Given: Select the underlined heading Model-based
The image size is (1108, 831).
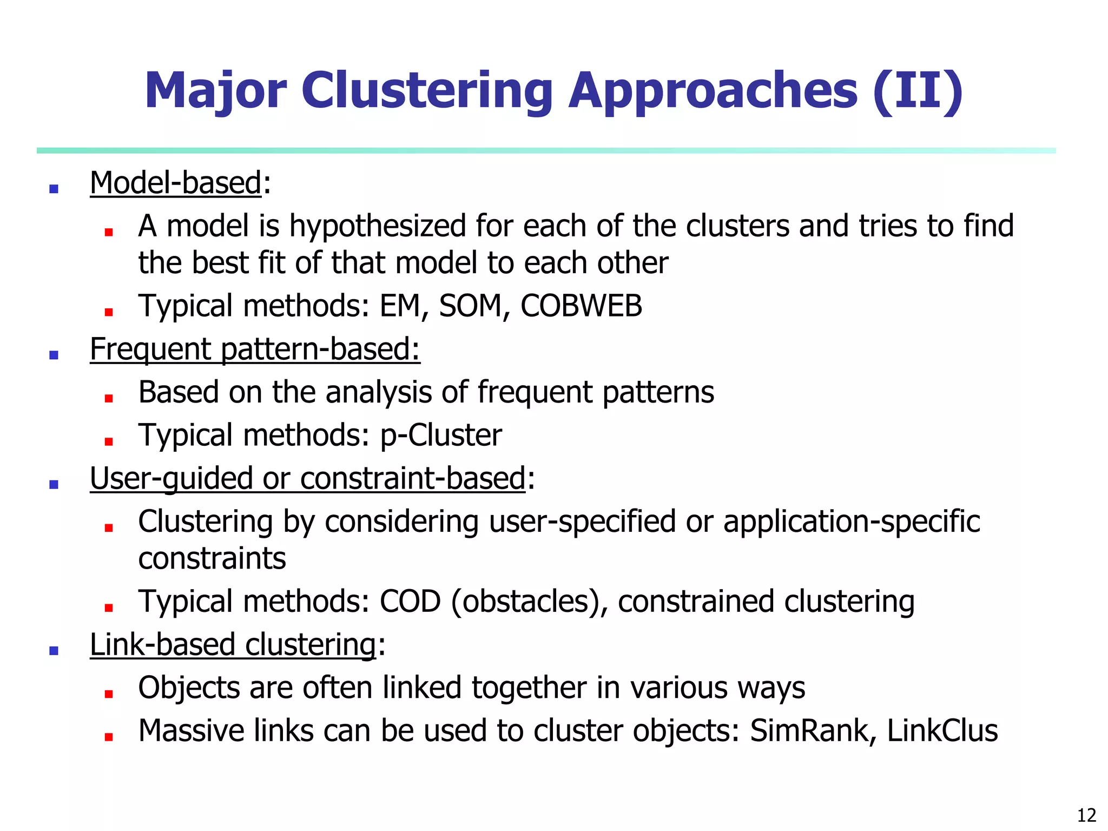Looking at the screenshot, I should tap(176, 183).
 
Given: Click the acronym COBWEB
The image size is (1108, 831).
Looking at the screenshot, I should tap(581, 306).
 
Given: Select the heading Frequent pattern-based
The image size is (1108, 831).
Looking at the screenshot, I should tap(255, 349).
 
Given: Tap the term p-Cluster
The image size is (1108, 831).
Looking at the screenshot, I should tap(441, 435).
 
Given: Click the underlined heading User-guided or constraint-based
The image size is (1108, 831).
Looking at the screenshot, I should tap(307, 478).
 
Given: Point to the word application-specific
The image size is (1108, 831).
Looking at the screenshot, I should tap(852, 522).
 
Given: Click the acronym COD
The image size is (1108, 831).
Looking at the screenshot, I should tap(410, 602).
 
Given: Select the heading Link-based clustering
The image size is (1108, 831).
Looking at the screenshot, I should tap(233, 645).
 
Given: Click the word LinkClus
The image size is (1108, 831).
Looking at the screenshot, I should tap(942, 731).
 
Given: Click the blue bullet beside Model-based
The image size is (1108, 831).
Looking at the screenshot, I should tap(54, 189).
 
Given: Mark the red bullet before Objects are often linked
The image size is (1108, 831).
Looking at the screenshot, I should tap(109, 694).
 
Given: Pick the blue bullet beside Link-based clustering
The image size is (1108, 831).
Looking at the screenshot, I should tap(54, 651).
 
